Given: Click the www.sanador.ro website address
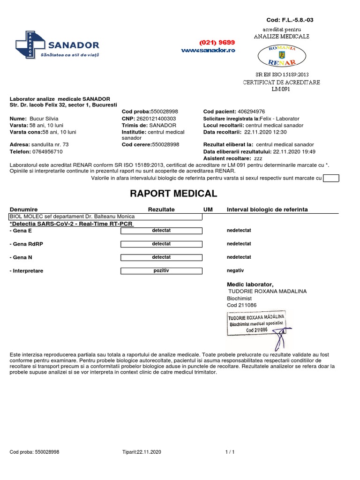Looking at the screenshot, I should click(x=208, y=50).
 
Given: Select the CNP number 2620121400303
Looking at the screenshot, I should click(x=156, y=119).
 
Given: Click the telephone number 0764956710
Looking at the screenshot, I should click(x=47, y=152).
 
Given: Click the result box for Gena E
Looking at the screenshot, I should click(x=161, y=231).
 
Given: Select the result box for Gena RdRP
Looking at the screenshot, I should click(x=161, y=244).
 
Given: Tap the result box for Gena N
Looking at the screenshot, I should click(x=161, y=257).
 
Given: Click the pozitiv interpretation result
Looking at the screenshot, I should click(x=161, y=270).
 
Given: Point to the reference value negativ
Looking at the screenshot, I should click(x=235, y=270).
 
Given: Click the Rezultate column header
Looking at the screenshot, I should click(x=161, y=209).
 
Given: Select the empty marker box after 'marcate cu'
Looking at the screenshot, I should click(x=331, y=178).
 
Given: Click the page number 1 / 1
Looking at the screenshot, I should click(x=230, y=452).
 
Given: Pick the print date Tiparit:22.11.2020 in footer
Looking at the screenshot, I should click(x=141, y=452).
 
